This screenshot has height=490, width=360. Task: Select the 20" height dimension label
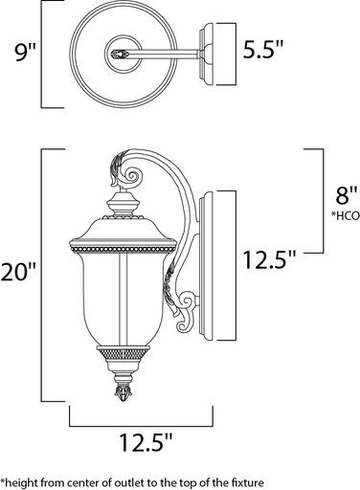click(x=19, y=274)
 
